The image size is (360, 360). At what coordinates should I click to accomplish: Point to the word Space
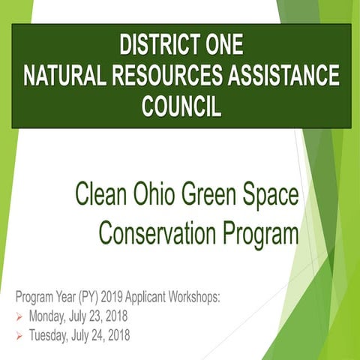point(273,196)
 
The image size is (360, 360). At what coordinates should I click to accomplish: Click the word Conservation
point(153,234)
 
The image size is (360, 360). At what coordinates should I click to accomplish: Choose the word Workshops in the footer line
point(191,297)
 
